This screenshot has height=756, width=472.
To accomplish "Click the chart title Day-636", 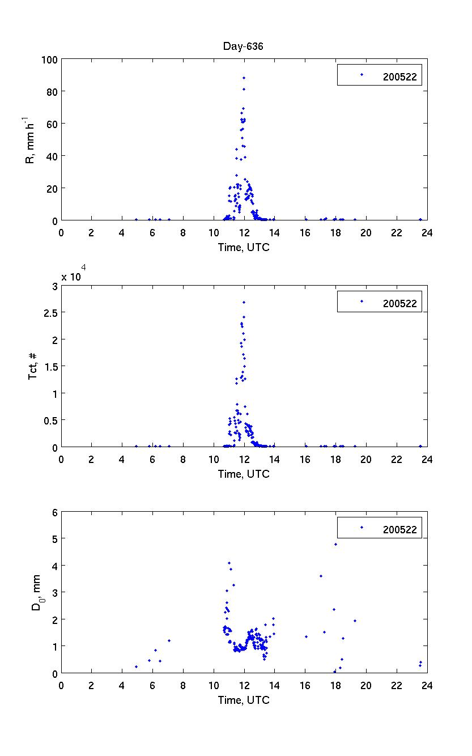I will click(243, 46).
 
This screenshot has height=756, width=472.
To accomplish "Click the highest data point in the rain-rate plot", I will click(244, 78).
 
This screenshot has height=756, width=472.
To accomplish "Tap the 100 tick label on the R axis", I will click(49, 59).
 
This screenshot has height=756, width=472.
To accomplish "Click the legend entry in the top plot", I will click(380, 75).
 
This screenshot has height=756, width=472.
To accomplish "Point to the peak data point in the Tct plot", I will click(244, 302).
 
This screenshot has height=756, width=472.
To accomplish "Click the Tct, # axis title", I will click(33, 366).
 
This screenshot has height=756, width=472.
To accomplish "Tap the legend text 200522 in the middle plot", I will click(399, 304).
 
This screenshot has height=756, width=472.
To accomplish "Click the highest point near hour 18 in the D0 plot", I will click(335, 544).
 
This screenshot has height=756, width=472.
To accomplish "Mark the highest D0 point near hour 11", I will click(229, 563).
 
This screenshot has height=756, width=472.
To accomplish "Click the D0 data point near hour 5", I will click(136, 666).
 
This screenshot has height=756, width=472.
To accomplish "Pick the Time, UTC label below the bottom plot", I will click(244, 700).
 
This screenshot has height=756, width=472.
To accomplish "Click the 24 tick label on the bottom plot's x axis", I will click(427, 685).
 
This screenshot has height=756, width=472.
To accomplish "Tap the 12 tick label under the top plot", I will click(244, 232).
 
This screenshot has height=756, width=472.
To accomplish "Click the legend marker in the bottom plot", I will click(362, 528).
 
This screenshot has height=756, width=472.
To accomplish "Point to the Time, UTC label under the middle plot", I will click(244, 474).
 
